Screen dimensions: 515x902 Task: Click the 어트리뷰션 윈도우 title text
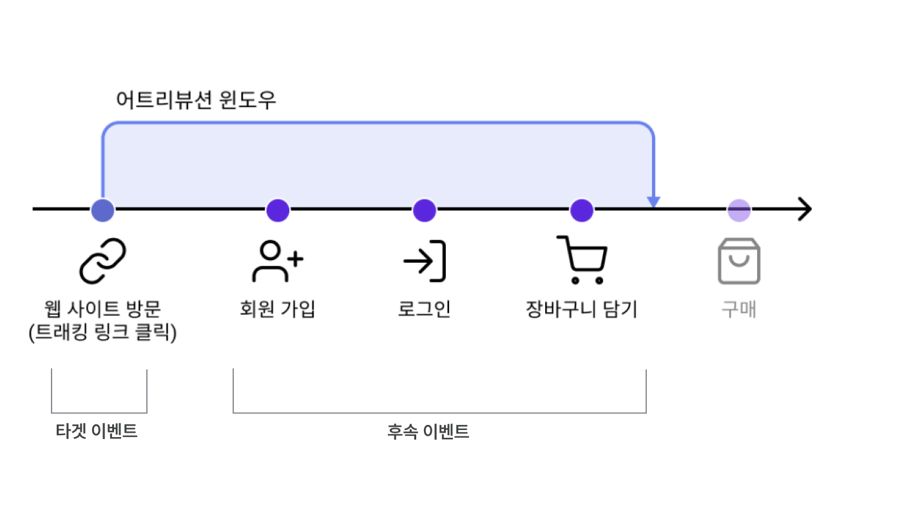(196, 100)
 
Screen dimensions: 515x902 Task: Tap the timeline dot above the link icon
(102, 210)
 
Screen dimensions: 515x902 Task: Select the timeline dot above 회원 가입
(278, 210)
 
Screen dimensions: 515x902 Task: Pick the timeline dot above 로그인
(425, 210)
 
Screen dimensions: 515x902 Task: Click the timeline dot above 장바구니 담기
(582, 210)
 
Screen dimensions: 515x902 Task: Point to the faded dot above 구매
(739, 210)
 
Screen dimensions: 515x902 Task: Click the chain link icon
(102, 261)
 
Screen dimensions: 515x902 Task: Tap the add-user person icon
(277, 261)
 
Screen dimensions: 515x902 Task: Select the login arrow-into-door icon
(425, 261)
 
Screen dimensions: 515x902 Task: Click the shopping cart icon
(582, 260)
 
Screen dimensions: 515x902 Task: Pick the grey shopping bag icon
(739, 261)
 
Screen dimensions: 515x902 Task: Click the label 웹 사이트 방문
(102, 310)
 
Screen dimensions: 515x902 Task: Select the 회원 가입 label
(277, 310)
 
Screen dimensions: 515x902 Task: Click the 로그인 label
(425, 310)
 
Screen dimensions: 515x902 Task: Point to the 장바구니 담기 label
(582, 310)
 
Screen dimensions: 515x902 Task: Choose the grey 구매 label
(739, 310)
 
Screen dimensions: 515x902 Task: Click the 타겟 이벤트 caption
(97, 431)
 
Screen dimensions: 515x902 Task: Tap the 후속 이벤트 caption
(428, 431)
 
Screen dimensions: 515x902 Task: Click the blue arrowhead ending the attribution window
(654, 202)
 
